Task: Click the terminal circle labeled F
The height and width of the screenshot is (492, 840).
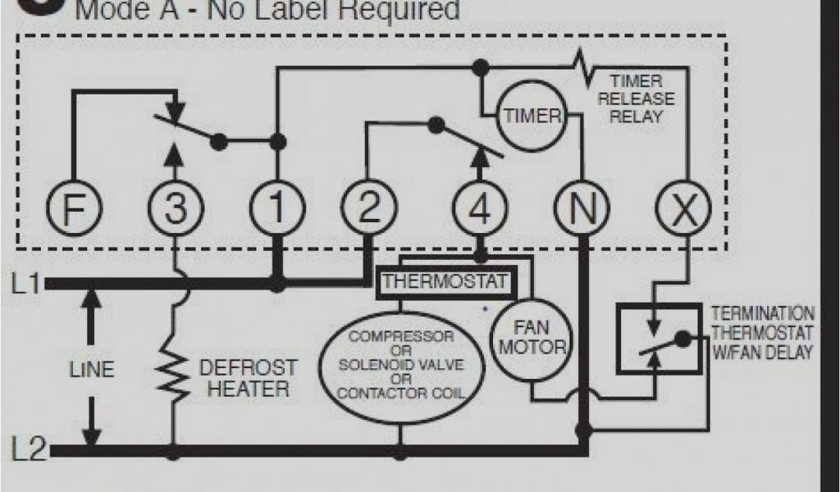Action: click(74, 210)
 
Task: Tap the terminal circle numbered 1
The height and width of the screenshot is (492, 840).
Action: click(277, 210)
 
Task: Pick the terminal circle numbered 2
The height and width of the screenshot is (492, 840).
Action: click(369, 210)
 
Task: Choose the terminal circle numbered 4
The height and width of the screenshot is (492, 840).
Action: click(480, 210)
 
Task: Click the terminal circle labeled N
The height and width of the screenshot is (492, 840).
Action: click(583, 210)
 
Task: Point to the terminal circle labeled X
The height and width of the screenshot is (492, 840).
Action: click(685, 210)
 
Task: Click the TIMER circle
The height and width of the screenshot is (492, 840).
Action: click(532, 116)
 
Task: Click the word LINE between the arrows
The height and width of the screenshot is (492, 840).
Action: click(91, 369)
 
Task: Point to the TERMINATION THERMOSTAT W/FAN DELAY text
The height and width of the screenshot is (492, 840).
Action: click(762, 333)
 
